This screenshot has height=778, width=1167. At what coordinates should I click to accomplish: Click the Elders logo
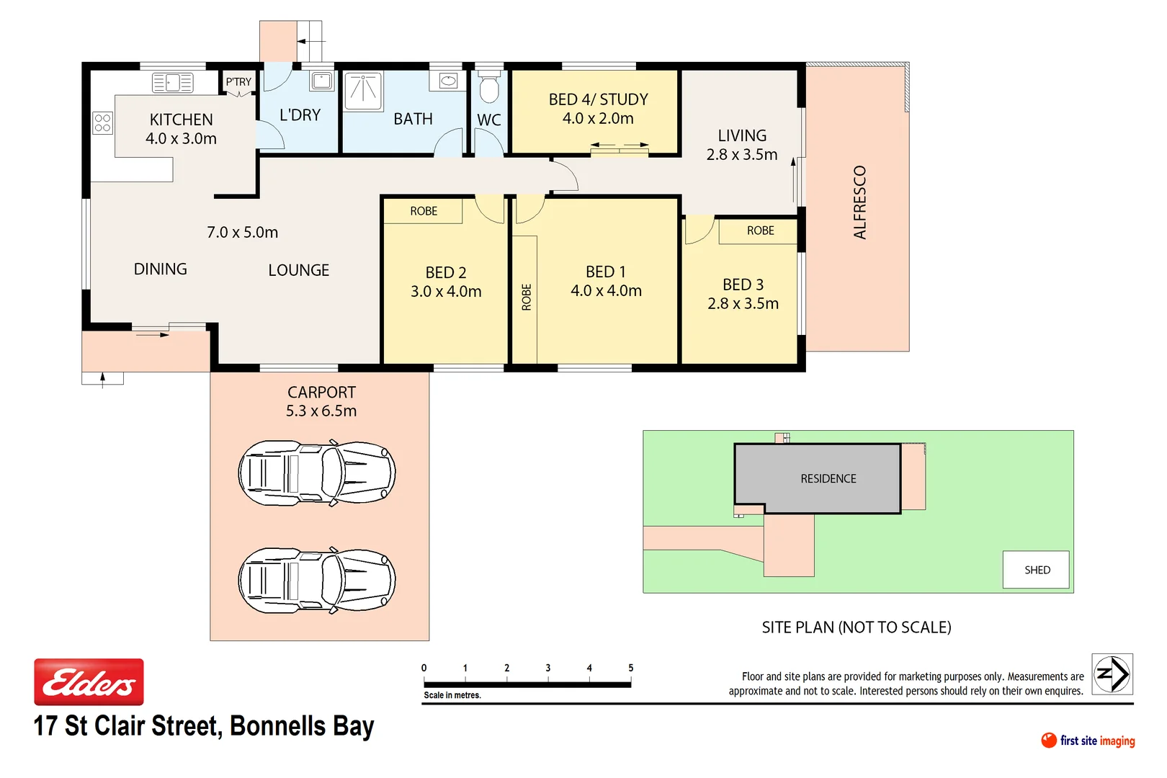(x=89, y=681)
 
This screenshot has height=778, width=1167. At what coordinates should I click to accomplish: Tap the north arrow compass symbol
(x=1112, y=674)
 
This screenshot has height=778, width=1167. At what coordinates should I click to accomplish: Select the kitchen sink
(x=172, y=83)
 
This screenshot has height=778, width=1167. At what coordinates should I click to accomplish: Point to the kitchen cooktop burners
(x=102, y=122)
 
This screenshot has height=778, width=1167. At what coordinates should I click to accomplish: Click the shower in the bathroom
(x=363, y=91)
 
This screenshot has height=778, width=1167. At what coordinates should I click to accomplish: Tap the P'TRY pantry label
(x=238, y=82)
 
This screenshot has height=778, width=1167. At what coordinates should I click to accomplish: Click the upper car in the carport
(x=317, y=473)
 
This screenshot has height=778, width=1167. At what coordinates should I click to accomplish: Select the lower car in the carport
(x=317, y=580)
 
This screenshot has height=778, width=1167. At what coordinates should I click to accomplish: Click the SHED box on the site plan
(x=1036, y=570)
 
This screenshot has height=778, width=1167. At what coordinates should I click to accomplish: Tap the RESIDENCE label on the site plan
(x=828, y=478)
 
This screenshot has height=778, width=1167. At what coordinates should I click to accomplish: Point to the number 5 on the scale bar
(x=630, y=668)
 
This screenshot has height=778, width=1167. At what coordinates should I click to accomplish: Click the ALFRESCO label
(x=859, y=202)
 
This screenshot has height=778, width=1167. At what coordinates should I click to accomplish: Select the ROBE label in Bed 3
(x=760, y=231)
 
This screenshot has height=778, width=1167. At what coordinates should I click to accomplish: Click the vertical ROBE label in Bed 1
(x=526, y=297)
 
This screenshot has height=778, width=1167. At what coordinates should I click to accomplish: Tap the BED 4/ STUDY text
(x=598, y=99)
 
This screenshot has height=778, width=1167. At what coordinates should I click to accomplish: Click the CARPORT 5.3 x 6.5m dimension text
(x=321, y=411)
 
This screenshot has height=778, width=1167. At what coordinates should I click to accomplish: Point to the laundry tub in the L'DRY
(x=322, y=81)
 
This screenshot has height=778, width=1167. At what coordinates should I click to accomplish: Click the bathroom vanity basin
(x=448, y=81)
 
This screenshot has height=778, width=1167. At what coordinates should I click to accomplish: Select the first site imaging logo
(x=1088, y=741)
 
